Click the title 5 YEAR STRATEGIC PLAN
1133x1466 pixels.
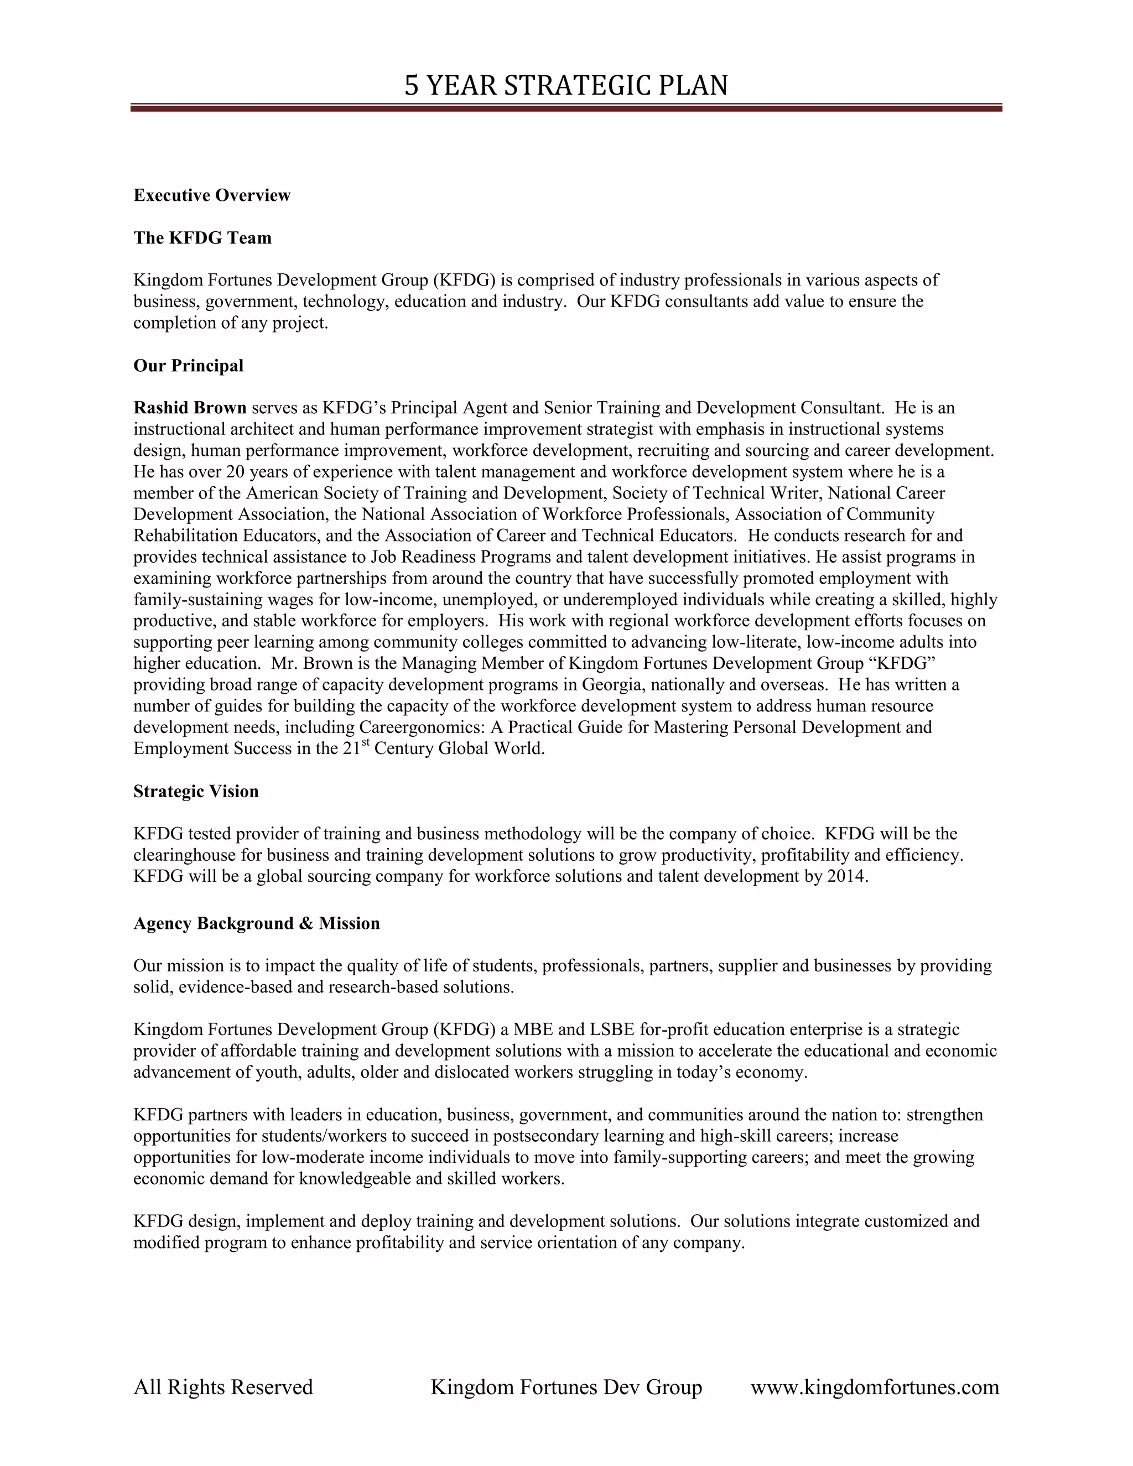566,86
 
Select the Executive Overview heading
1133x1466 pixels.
211,195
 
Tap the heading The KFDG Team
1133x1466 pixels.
202,238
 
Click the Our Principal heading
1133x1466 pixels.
188,366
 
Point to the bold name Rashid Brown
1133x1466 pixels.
190,408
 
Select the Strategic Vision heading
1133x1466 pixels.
196,792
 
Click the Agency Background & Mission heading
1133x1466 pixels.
256,924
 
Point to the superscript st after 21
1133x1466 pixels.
366,743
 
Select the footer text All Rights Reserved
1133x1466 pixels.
223,1387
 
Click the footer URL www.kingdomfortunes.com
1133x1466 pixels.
875,1387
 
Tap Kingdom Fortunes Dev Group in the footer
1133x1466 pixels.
566,1387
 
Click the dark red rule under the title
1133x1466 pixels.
566,107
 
